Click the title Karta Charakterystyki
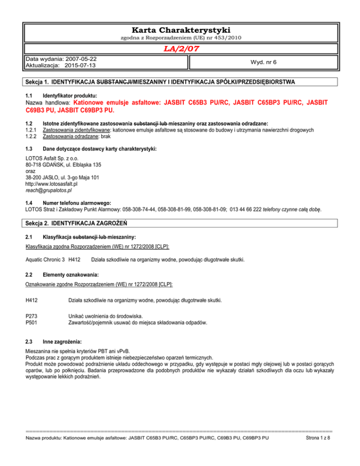(x=180, y=30)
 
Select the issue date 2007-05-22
(x=82, y=60)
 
